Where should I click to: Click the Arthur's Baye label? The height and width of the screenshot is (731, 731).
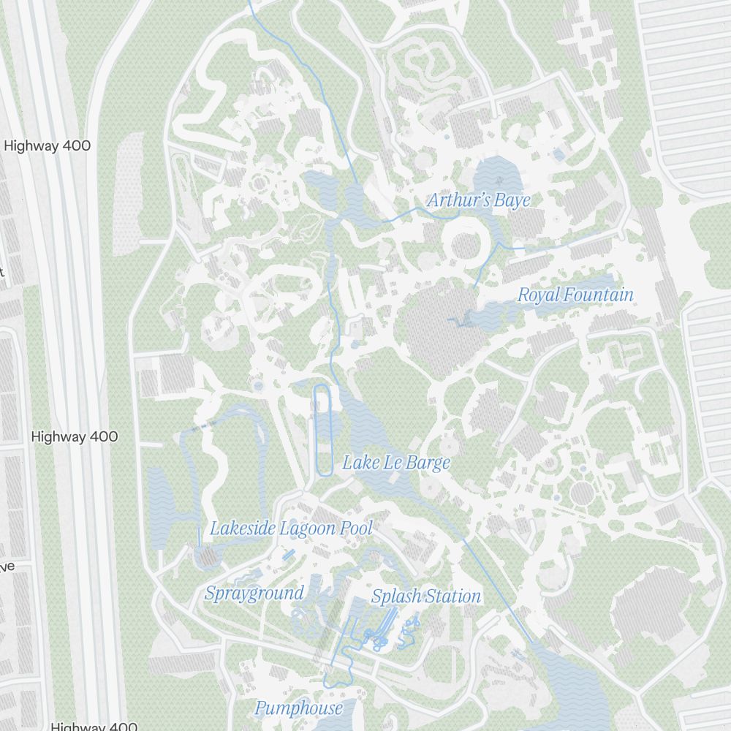[479, 200]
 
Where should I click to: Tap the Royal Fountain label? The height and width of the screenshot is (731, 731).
[575, 295]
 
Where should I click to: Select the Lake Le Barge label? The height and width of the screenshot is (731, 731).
[396, 463]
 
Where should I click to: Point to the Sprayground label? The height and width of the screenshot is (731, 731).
[254, 593]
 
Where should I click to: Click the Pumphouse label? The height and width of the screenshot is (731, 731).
[298, 708]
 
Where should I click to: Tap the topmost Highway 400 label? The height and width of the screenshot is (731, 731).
[48, 145]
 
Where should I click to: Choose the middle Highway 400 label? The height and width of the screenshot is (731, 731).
[75, 436]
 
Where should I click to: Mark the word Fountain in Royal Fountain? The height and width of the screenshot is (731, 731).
[598, 295]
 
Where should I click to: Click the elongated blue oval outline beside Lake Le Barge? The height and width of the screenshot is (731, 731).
[322, 431]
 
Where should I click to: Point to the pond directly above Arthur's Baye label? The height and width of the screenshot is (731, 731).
[498, 175]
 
